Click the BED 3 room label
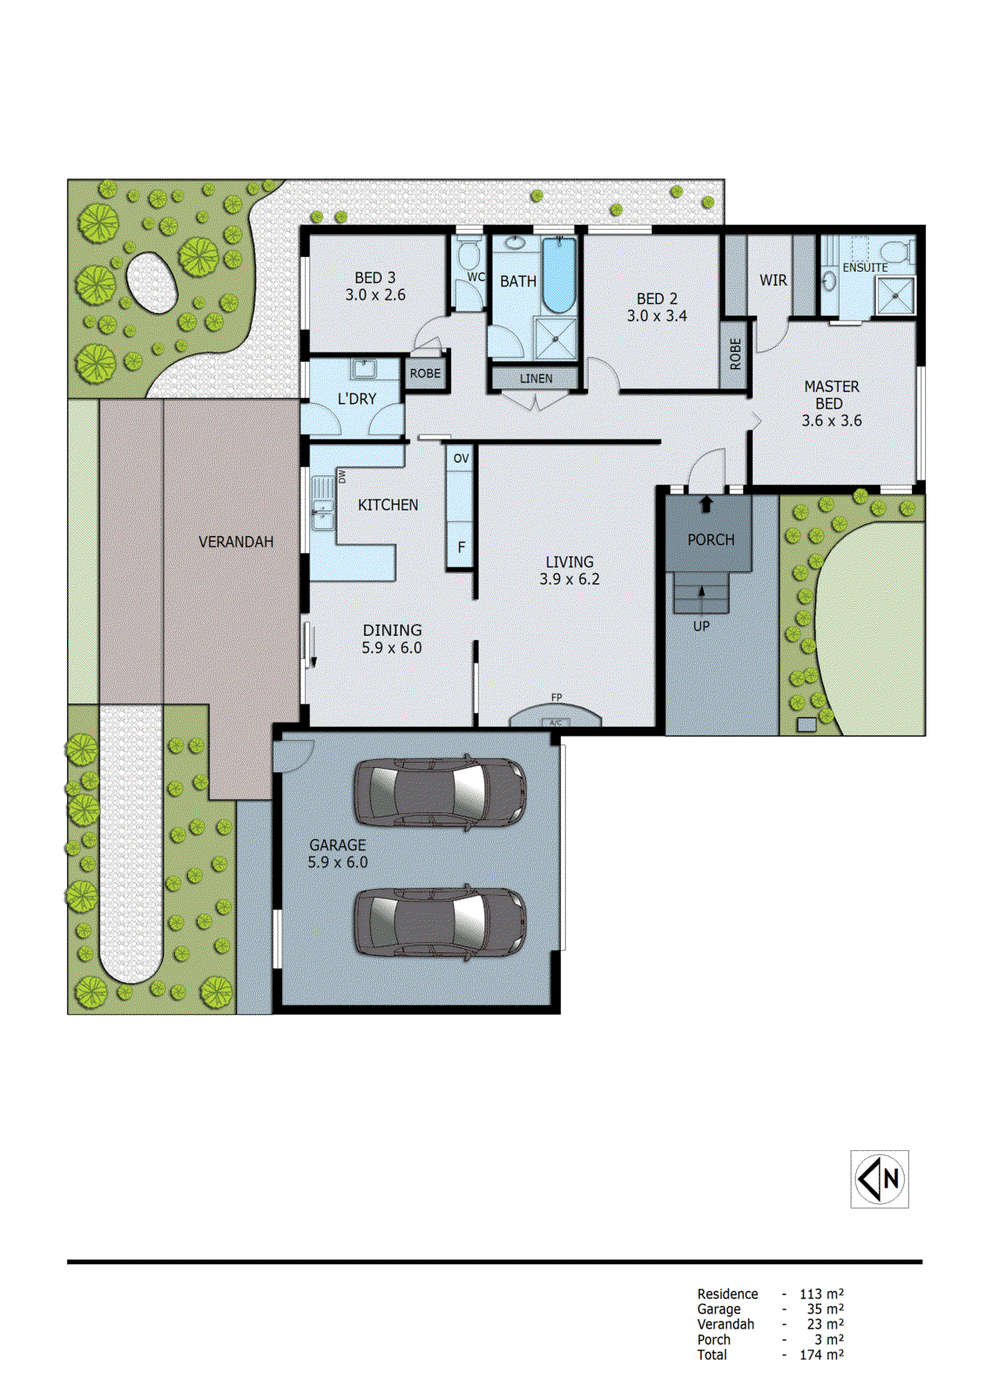tap(374, 278)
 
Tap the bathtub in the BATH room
tap(559, 273)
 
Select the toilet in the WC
tap(469, 256)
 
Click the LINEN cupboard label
tap(536, 379)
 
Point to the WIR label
tap(773, 280)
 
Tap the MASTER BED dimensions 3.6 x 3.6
tap(832, 421)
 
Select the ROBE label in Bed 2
tap(736, 354)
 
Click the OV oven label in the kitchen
tap(462, 459)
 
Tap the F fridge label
tap(462, 548)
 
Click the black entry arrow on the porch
tap(706, 504)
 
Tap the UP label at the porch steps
tap(701, 626)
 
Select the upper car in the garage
tap(440, 792)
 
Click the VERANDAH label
tap(236, 542)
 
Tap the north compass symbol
tap(880, 1179)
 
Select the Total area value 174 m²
tap(821, 1355)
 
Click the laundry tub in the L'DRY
tap(363, 369)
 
